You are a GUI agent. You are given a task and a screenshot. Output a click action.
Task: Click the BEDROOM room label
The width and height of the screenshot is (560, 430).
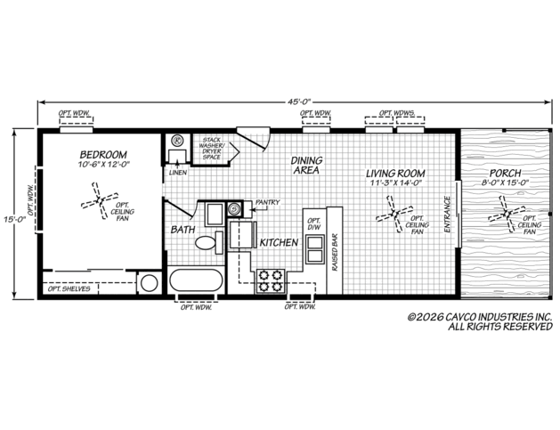(103, 155)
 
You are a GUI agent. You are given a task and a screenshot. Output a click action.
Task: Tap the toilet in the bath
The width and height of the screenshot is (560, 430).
(209, 242)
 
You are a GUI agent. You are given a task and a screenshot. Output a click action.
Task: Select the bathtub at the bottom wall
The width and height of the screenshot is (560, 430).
(196, 280)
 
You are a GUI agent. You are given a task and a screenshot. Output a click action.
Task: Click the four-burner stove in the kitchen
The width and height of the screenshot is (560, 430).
(271, 281)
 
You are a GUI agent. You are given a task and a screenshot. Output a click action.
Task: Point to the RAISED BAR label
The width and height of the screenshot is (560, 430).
(335, 252)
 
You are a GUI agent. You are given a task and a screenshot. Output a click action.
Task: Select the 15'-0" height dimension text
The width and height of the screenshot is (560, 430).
(15, 220)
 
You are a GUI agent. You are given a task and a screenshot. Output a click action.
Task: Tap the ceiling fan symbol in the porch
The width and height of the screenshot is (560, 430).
(507, 215)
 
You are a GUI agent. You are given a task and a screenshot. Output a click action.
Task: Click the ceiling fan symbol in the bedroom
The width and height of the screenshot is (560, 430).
(100, 200)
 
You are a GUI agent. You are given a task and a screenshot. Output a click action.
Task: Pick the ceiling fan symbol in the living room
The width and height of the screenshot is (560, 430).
(394, 214)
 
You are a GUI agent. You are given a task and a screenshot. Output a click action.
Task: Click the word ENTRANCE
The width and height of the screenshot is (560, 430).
(447, 215)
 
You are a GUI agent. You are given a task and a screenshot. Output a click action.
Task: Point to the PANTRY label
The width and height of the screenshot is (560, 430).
(267, 202)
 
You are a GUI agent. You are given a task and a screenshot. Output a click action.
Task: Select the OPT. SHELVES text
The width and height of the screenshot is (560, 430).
(69, 288)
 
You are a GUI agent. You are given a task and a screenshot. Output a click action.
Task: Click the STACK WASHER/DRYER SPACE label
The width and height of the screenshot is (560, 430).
(211, 149)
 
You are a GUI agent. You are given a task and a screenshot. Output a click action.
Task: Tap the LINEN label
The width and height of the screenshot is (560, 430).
(178, 173)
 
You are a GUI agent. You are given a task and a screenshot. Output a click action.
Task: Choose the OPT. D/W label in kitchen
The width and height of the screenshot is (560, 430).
(314, 223)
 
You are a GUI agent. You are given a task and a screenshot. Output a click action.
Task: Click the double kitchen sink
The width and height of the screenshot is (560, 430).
(314, 249)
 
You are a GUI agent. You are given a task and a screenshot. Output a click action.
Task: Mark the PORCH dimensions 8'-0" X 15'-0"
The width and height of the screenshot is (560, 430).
(505, 183)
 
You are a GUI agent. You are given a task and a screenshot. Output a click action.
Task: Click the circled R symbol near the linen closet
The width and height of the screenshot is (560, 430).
(177, 141)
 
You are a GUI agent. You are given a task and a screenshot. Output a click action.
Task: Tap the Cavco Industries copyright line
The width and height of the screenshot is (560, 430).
(481, 317)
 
